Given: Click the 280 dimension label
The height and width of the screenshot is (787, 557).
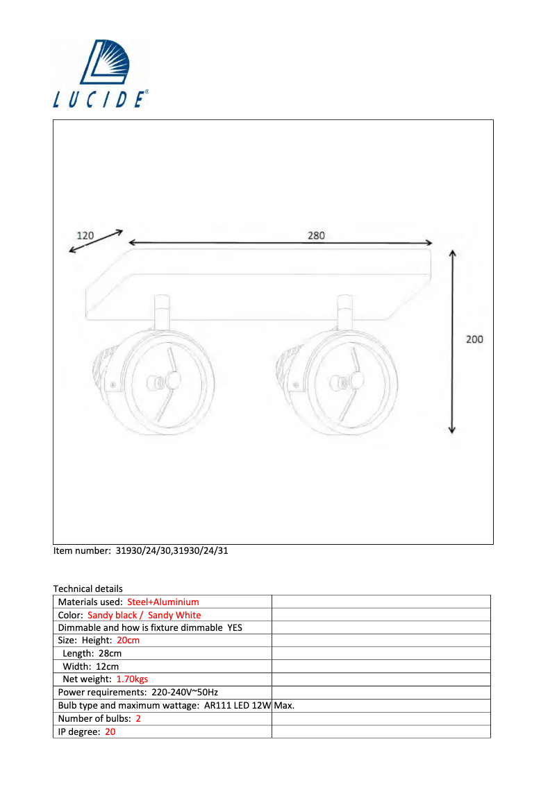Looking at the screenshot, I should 316,235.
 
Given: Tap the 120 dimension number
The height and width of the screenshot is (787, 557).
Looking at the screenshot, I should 85,235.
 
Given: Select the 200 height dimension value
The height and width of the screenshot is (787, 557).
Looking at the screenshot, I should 474,339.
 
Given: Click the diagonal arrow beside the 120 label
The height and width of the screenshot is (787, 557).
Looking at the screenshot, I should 97,242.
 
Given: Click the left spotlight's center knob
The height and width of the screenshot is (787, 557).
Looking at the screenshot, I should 172,380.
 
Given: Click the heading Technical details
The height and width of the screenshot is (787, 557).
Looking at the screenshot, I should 88,589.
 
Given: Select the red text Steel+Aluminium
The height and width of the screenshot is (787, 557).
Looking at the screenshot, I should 163,602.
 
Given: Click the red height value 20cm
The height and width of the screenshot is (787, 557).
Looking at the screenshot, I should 128,640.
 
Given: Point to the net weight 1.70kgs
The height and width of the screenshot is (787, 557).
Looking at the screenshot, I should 132,679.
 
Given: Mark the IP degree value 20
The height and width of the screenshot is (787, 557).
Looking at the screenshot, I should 110,731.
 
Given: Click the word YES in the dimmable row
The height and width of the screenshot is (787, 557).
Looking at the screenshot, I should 235,627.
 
